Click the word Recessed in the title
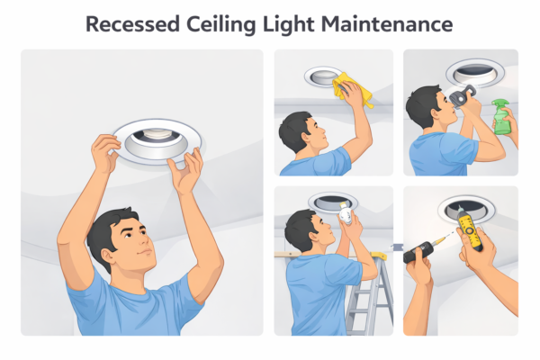point(132,24)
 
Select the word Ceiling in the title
point(221,25)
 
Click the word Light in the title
point(289,25)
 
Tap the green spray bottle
point(503,116)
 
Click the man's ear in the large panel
point(107,256)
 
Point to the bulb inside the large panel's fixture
point(156,133)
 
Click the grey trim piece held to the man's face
point(463,95)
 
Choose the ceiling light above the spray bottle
point(475,73)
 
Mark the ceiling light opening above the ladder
point(333,202)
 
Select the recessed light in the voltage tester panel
point(466,208)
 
